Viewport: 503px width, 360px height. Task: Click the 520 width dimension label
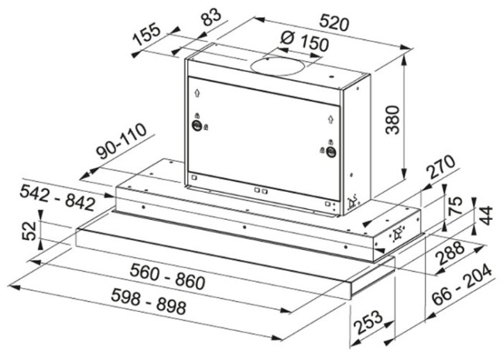pos(334,23)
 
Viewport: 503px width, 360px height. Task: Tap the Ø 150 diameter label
pos(304,41)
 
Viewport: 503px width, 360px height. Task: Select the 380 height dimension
pos(392,120)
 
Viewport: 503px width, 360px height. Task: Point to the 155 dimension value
pos(146,34)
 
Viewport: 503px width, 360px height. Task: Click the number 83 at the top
pos(211,17)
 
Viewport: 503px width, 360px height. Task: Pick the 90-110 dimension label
pos(121,141)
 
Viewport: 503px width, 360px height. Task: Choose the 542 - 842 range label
pos(58,197)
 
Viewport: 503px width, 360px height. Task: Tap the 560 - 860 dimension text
pos(167,276)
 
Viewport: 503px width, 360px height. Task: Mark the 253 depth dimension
pos(368,323)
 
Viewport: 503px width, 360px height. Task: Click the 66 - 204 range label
pos(462,285)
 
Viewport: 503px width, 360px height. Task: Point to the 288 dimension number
pos(450,253)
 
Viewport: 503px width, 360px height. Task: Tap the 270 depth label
pos(442,167)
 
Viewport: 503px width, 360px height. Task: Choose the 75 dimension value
pos(455,205)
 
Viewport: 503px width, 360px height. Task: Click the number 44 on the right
pos(485,215)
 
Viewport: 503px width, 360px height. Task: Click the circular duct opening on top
pos(277,66)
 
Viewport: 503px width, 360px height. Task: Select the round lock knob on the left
pos(197,125)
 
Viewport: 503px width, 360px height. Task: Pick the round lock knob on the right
pos(331,151)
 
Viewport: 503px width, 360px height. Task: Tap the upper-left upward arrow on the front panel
pos(197,93)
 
